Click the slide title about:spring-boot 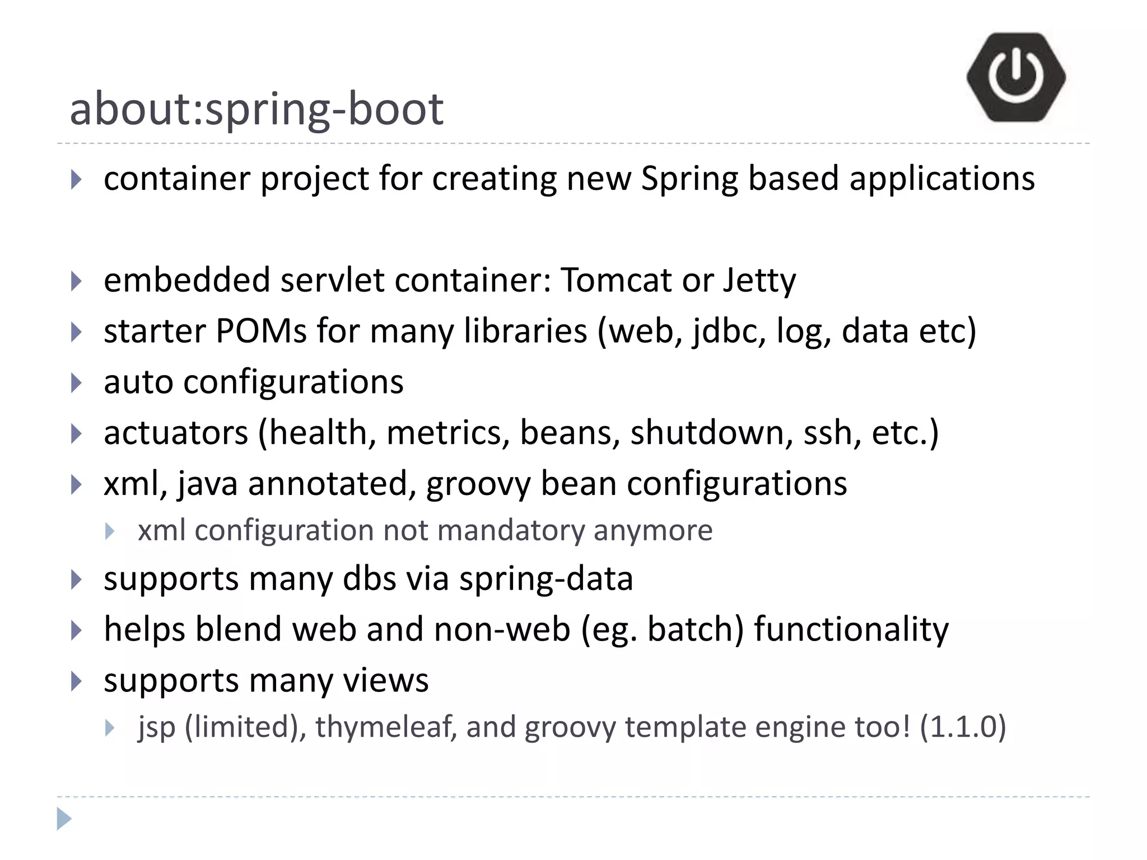point(257,109)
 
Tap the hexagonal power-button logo point(1015,77)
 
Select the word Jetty point(759,281)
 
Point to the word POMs point(261,331)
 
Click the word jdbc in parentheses point(729,332)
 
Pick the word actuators point(175,433)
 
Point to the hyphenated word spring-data point(546,579)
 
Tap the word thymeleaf point(386,727)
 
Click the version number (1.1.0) point(963,727)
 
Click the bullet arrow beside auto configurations point(77,383)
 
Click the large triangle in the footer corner point(64,819)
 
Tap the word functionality point(851,629)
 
